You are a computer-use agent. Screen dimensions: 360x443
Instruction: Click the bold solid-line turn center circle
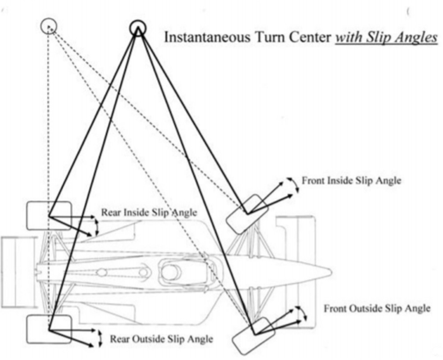click(137, 27)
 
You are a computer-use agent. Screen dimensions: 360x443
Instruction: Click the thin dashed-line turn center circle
click(49, 26)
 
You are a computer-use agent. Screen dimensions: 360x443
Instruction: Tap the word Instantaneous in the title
click(207, 37)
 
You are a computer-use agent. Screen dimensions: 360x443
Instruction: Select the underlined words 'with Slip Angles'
click(386, 37)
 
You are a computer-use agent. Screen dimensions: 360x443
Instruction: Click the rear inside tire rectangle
click(49, 215)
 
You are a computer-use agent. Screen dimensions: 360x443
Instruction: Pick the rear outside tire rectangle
click(49, 329)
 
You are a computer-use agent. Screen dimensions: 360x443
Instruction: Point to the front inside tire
click(247, 214)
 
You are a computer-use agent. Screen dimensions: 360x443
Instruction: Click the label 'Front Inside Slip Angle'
click(351, 180)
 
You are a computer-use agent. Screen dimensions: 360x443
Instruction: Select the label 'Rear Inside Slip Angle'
click(149, 213)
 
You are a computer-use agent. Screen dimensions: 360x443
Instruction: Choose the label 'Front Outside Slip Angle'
click(377, 308)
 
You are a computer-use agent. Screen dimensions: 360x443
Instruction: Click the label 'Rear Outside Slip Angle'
click(161, 338)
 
